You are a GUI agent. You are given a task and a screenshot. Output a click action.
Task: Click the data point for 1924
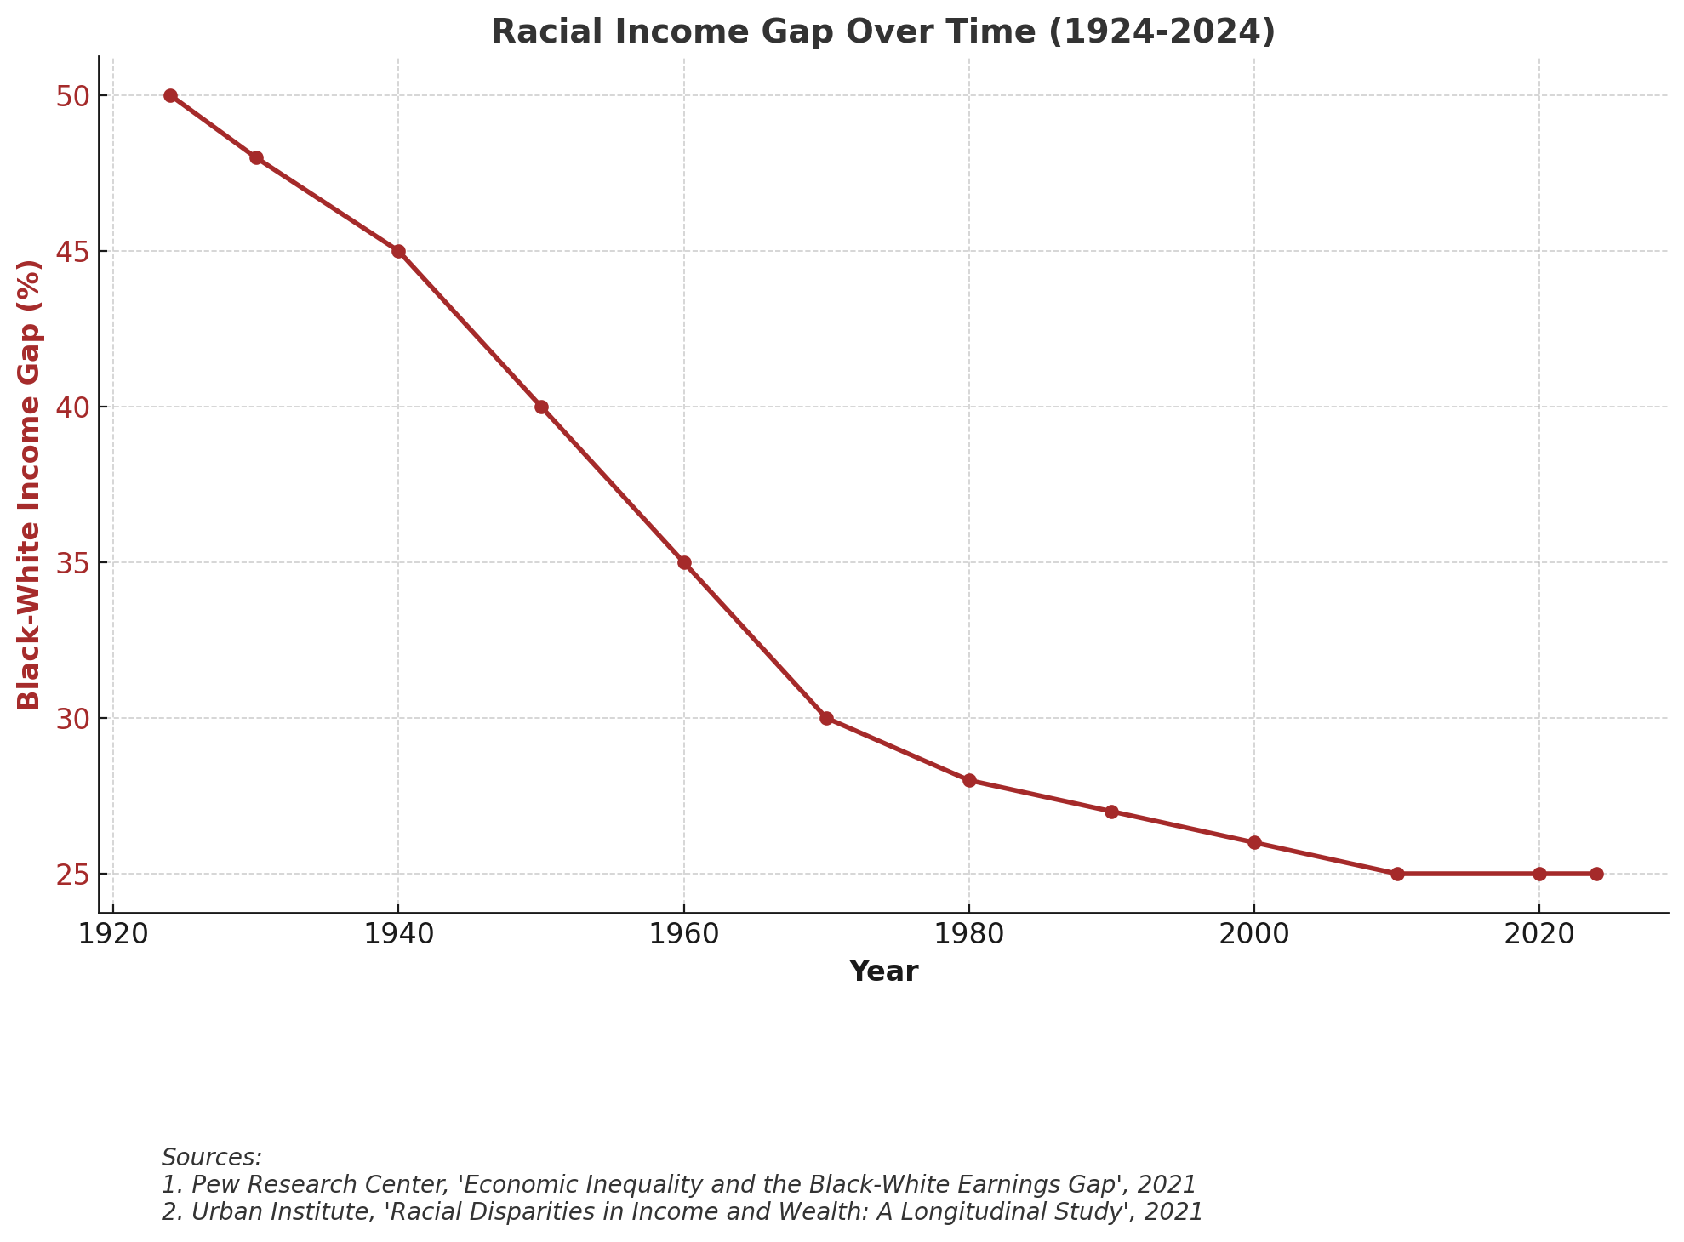(170, 95)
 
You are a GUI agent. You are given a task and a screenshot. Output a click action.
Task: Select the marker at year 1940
(398, 251)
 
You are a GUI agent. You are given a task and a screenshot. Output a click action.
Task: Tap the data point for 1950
(541, 407)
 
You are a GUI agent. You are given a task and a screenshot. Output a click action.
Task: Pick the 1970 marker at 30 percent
(826, 718)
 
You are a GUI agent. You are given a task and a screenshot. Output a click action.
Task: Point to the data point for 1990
(1111, 812)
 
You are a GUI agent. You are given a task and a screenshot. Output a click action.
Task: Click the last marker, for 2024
(1596, 874)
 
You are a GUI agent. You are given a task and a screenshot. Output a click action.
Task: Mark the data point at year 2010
(1397, 874)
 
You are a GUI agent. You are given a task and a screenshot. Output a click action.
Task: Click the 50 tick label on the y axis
(73, 96)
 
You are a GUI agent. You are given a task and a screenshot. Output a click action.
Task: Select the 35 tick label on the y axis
(73, 563)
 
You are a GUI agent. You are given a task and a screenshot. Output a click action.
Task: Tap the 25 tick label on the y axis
(73, 875)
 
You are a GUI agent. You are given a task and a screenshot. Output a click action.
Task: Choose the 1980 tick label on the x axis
(969, 936)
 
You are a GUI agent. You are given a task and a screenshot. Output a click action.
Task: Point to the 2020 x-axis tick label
(1539, 936)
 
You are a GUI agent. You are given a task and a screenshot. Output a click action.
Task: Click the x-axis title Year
(883, 971)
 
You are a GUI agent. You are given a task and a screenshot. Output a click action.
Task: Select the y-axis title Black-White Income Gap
(30, 484)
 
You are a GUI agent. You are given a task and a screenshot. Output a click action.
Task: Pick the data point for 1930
(256, 157)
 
